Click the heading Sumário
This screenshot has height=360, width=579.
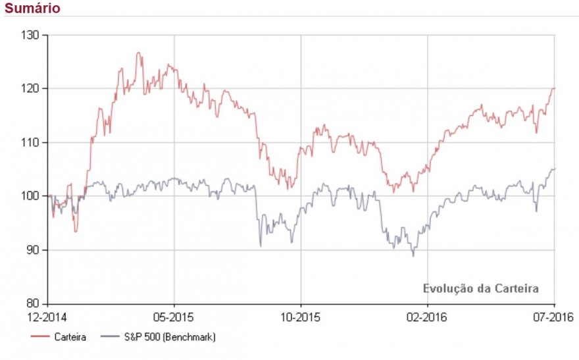pos(32,9)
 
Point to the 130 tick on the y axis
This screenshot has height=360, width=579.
pos(31,34)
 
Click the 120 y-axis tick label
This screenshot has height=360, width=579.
pos(31,88)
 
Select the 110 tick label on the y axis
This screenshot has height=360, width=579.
pos(31,142)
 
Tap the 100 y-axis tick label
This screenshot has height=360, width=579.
pos(31,196)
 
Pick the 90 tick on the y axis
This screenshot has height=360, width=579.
pos(33,250)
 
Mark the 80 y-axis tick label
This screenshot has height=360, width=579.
pos(33,304)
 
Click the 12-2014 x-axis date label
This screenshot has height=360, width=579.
pos(47,317)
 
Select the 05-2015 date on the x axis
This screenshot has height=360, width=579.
pos(174,317)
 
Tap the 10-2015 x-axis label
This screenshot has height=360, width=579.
pos(300,317)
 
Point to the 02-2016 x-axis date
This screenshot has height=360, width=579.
pos(427,317)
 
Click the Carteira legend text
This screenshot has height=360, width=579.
pos(70,337)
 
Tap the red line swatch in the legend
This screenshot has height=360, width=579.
pos(40,337)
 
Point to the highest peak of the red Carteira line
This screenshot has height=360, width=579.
pos(139,53)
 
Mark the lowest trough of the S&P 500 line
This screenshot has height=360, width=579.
pos(413,255)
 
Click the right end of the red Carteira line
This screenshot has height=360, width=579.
pos(554,88)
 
